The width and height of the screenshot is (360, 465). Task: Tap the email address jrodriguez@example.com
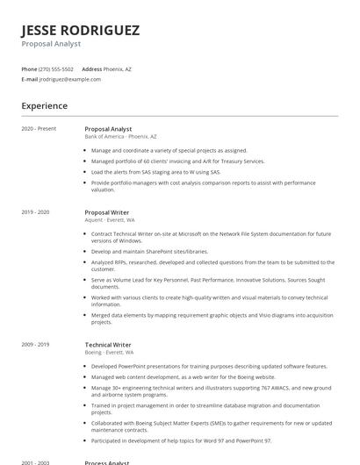pyautogui.click(x=70, y=79)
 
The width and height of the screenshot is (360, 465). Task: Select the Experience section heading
pyautogui.click(x=44, y=106)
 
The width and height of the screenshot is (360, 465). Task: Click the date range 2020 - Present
pyautogui.click(x=40, y=129)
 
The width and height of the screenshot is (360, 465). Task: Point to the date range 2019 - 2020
pyautogui.click(x=36, y=212)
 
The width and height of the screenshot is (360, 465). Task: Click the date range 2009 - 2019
pyautogui.click(x=36, y=345)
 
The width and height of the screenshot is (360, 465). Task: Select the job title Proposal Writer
pyautogui.click(x=106, y=212)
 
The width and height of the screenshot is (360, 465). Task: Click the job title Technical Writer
pyautogui.click(x=108, y=345)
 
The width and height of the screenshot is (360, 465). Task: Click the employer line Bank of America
pyautogui.click(x=120, y=137)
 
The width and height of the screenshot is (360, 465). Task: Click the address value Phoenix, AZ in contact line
pyautogui.click(x=118, y=68)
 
